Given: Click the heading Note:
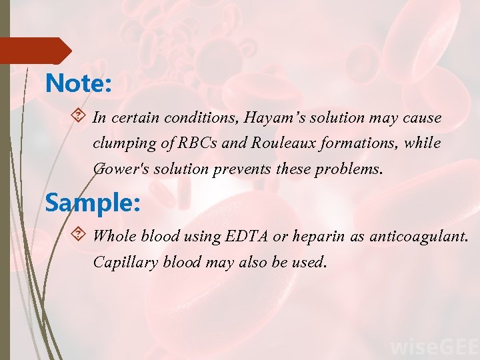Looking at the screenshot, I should point(78,84).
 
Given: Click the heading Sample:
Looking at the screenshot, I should point(93,202).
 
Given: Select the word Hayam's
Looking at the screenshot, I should point(272,118).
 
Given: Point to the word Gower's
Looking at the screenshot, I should point(120,169).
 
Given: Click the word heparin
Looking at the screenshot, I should point(313,235).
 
